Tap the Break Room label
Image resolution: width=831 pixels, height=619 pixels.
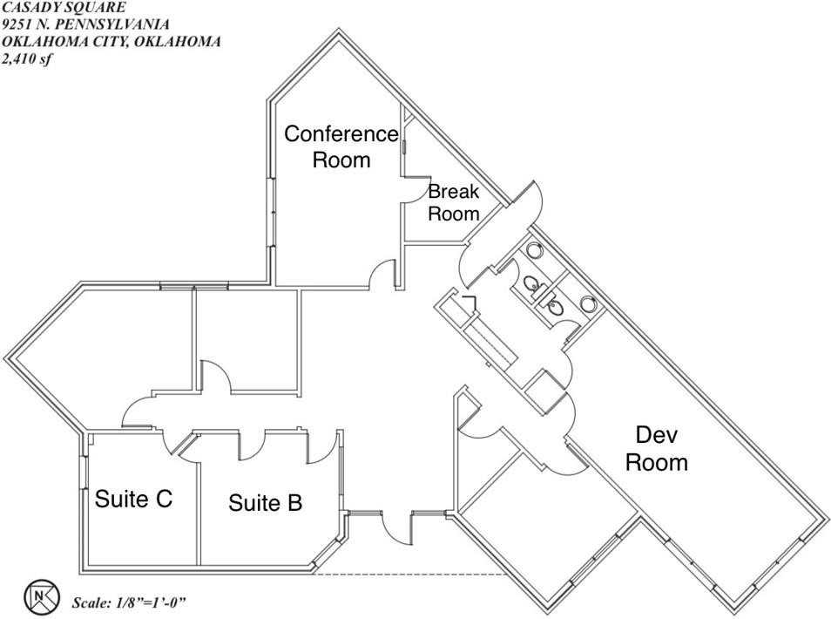tap(453, 202)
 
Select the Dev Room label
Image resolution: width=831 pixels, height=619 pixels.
tap(656, 448)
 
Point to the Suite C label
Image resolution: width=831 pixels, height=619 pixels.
tap(133, 499)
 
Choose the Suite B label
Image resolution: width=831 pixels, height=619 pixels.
tap(265, 503)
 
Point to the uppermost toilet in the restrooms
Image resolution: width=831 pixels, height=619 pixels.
tap(534, 250)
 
